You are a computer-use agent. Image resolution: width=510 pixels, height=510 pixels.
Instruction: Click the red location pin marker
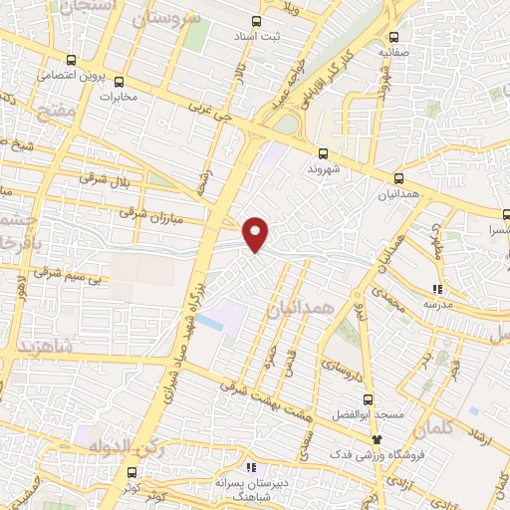coord(256,233)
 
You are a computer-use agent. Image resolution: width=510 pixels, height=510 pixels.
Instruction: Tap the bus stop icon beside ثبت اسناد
coord(256,21)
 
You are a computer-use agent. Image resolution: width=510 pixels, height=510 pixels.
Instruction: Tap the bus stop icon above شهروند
coord(323,153)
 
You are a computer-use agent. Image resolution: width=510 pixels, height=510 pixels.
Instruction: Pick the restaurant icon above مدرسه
coord(435,284)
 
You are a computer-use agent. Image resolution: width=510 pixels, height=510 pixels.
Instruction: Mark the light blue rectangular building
coord(211,322)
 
